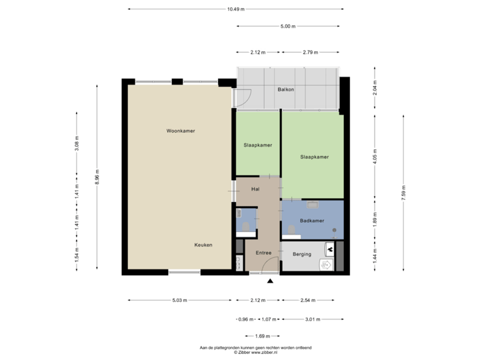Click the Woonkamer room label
coord(181,131)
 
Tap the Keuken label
coord(203,245)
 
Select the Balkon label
coord(286,89)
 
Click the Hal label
coord(255,189)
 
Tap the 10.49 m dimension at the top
coord(235,9)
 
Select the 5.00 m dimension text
coord(287,27)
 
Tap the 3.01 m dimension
coord(312,319)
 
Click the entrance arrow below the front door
coord(270,281)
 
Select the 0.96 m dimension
coord(242,319)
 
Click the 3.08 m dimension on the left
coord(77,145)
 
